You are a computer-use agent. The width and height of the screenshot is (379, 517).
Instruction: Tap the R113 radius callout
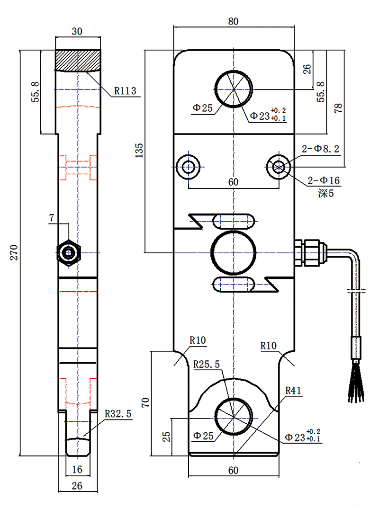pyautogui.click(x=125, y=90)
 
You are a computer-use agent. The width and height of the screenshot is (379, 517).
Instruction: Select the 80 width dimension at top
pyautogui.click(x=233, y=21)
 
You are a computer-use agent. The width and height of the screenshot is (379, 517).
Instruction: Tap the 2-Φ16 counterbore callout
pyautogui.click(x=324, y=180)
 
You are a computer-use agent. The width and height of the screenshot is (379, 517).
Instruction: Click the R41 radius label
pyautogui.click(x=293, y=391)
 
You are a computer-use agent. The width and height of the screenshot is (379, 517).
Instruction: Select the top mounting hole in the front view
pyautogui.click(x=233, y=89)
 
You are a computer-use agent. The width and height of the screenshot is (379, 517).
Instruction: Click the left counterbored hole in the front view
pyautogui.click(x=189, y=167)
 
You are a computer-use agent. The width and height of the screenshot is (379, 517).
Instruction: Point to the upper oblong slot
pyautogui.click(x=233, y=220)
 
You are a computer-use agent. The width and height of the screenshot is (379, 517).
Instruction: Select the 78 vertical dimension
pyautogui.click(x=337, y=108)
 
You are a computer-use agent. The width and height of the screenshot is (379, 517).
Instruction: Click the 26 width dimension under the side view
pyautogui.click(x=77, y=485)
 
